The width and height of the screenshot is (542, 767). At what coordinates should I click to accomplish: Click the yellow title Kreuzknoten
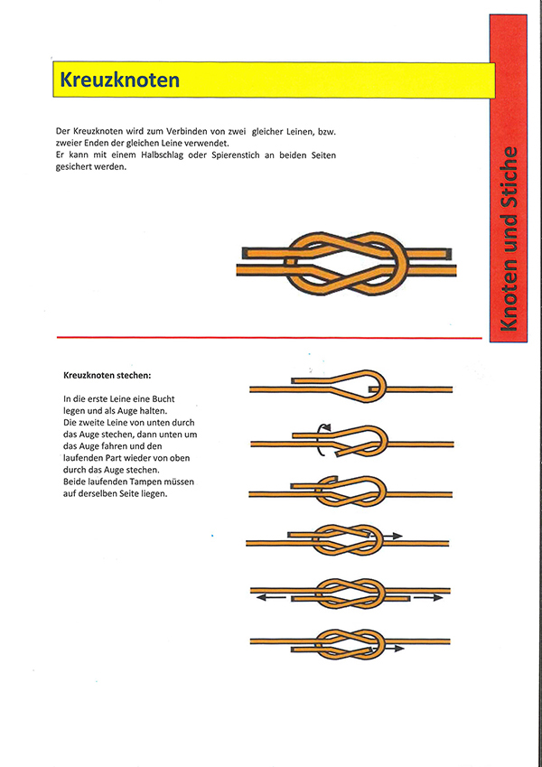pyautogui.click(x=120, y=80)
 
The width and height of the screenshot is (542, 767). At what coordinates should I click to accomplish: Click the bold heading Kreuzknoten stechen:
pyautogui.click(x=107, y=374)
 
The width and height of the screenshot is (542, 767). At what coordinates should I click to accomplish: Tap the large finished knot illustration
pyautogui.click(x=347, y=264)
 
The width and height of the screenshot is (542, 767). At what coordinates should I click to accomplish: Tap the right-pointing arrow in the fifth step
pyautogui.click(x=428, y=597)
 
